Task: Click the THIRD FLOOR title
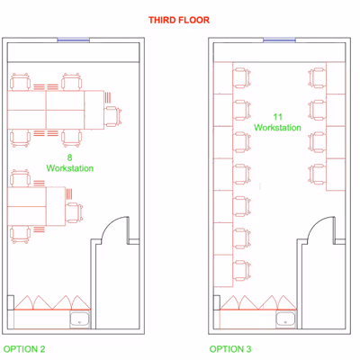tap(179, 20)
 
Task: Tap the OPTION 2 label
tap(24, 349)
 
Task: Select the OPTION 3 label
tap(230, 349)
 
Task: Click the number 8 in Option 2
tap(69, 157)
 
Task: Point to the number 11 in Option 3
tap(277, 117)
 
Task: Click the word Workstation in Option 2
tap(70, 168)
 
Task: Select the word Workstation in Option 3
tap(277, 128)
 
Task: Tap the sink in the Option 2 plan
tap(80, 319)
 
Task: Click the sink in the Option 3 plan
tap(286, 319)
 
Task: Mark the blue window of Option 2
tap(74, 40)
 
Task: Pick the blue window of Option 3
tap(279, 40)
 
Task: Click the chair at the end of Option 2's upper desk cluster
tap(112, 116)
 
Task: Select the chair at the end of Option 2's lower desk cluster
tap(74, 212)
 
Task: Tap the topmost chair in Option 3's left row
tap(242, 78)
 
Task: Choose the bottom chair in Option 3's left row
tap(242, 271)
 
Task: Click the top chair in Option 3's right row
tap(317, 78)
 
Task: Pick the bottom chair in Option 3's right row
tap(317, 174)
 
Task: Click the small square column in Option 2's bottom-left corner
tap(11, 302)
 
